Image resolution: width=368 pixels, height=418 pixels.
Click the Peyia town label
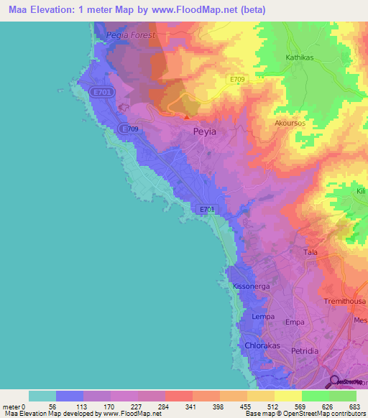click(205, 132)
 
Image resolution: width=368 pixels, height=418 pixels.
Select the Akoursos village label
click(290, 123)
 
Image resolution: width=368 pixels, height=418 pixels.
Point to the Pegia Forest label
click(130, 34)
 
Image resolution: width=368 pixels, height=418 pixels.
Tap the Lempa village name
click(264, 317)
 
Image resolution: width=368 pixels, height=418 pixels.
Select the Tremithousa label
click(345, 301)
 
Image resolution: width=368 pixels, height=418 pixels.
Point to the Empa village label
click(296, 323)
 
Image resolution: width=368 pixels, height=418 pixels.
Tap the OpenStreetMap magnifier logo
click(335, 381)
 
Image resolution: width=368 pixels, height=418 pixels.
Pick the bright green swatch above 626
click(315, 396)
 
